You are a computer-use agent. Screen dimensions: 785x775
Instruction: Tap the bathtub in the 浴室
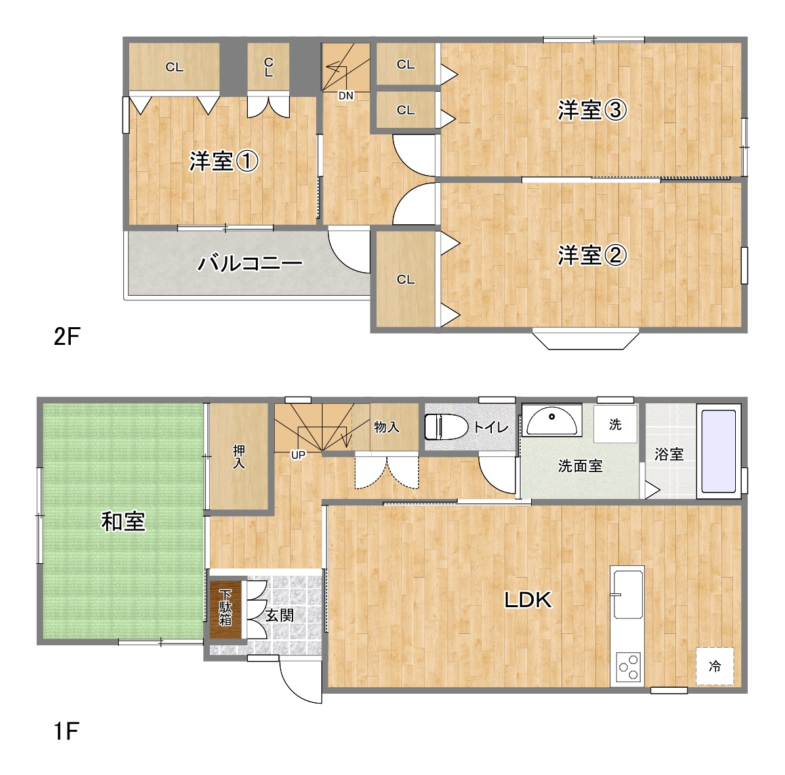pyautogui.click(x=718, y=451)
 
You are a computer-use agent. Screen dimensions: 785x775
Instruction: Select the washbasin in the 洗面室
pyautogui.click(x=552, y=420)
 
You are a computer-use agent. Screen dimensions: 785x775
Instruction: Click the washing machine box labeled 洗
pyautogui.click(x=615, y=424)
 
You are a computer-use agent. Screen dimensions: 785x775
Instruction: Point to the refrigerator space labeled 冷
pyautogui.click(x=714, y=666)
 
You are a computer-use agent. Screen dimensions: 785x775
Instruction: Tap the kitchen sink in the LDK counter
pyautogui.click(x=627, y=594)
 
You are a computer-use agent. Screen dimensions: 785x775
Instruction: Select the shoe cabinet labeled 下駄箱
pyautogui.click(x=226, y=608)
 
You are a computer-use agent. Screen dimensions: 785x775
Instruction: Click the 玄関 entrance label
pyautogui.click(x=279, y=615)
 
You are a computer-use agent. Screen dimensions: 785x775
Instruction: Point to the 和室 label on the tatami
pyautogui.click(x=123, y=522)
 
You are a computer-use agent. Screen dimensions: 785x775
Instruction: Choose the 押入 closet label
pyautogui.click(x=239, y=457)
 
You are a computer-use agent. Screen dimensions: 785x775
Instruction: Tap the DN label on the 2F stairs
pyautogui.click(x=346, y=95)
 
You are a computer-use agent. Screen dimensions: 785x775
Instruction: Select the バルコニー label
pyautogui.click(x=250, y=263)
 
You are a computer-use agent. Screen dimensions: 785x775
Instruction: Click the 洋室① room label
pyautogui.click(x=224, y=161)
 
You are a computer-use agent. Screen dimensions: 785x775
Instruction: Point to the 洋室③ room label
pyautogui.click(x=592, y=110)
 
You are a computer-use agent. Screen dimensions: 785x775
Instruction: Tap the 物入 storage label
pyautogui.click(x=386, y=427)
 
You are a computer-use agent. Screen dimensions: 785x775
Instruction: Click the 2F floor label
pyautogui.click(x=67, y=337)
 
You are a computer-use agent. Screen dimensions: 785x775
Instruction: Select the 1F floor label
pyautogui.click(x=66, y=732)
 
